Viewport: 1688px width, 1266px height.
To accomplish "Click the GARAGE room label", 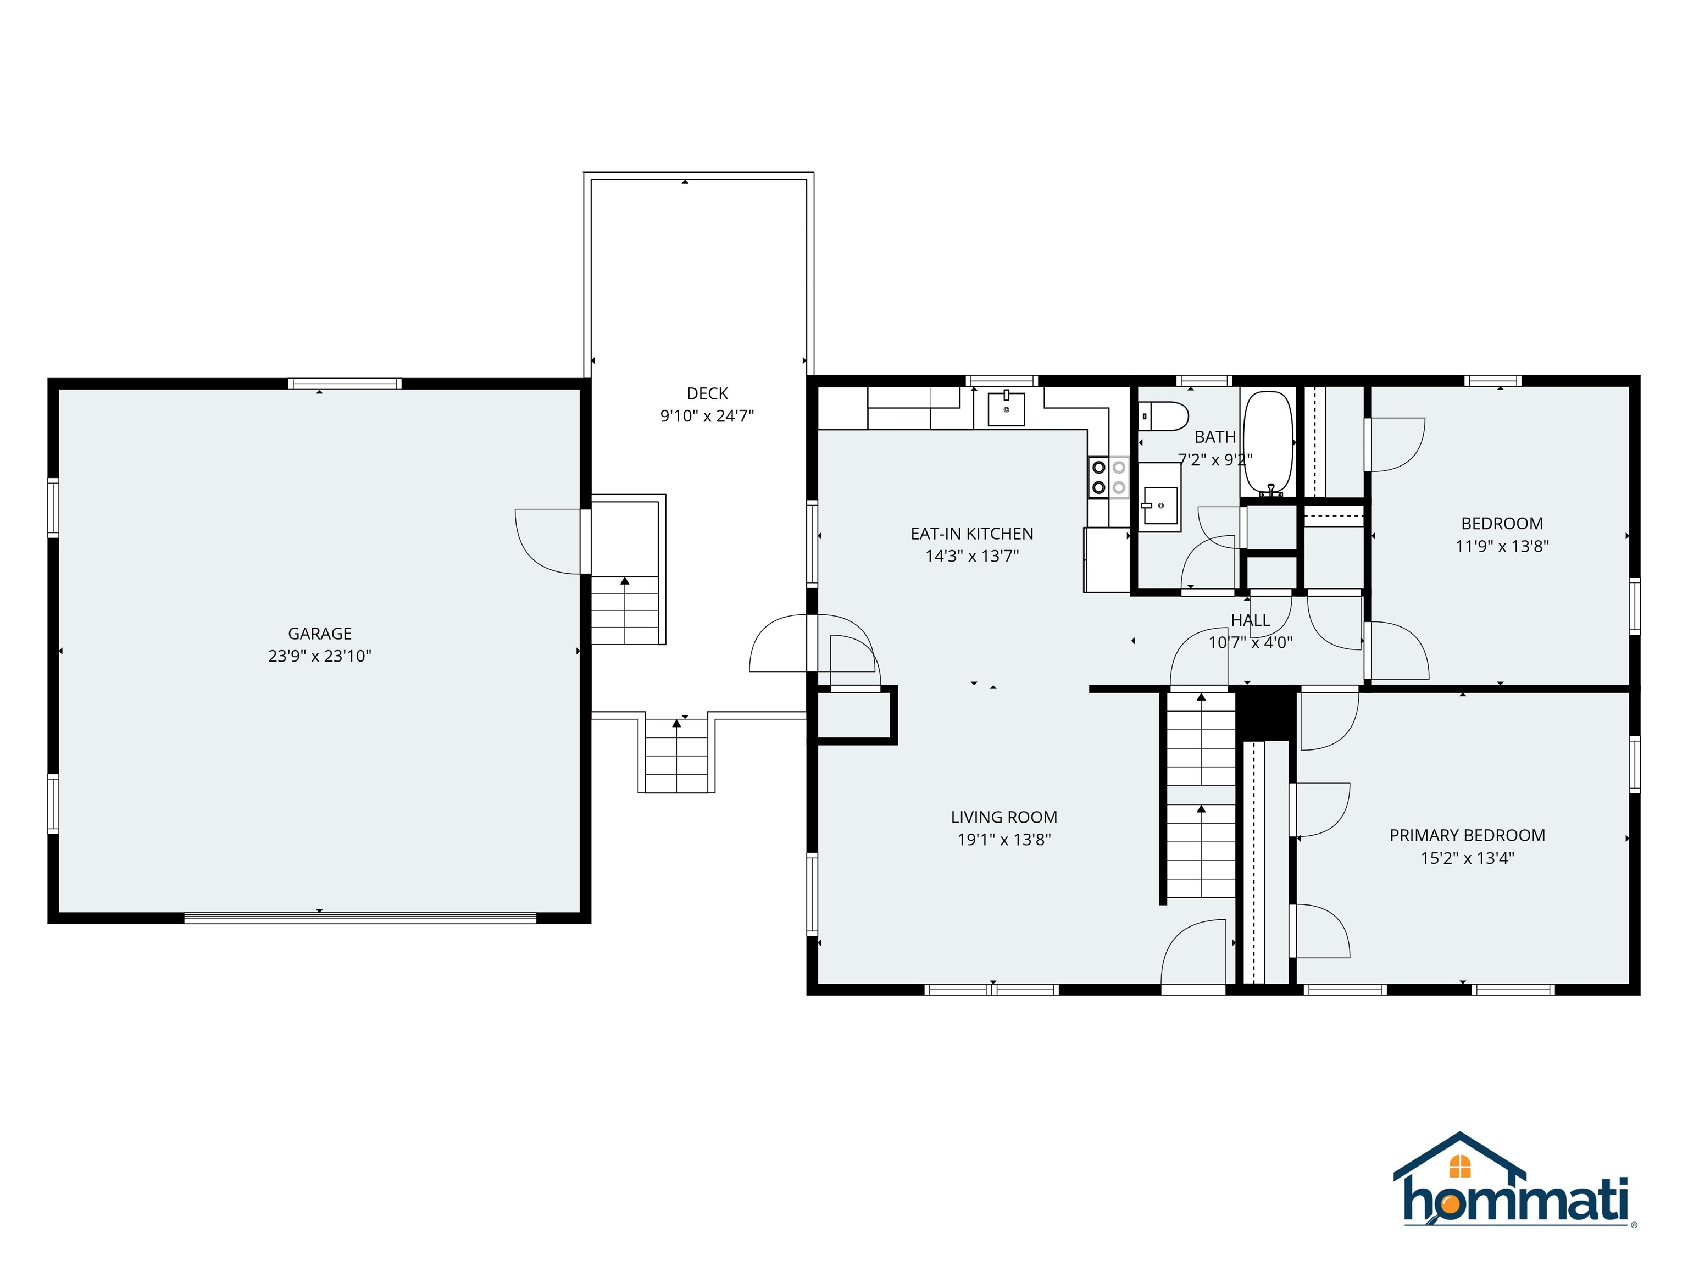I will pos(319,634).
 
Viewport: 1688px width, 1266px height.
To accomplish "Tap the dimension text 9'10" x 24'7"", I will pos(707,416).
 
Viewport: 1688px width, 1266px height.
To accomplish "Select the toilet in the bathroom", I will pos(1164,417).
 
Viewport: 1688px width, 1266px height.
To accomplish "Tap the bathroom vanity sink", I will pos(1159,504).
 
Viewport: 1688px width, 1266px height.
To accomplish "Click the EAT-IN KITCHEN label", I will pos(971,534).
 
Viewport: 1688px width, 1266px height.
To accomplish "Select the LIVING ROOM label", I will pos(1003,817).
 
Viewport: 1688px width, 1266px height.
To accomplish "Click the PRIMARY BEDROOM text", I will pos(1467,836).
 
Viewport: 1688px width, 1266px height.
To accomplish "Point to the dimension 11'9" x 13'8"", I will pos(1501,546).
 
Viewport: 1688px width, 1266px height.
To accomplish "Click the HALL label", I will pos(1250,620).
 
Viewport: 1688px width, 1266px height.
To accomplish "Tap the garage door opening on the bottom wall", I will pos(360,918).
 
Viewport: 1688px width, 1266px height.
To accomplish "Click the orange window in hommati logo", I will pos(1459,1166).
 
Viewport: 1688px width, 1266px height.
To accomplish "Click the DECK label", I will pos(707,394).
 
